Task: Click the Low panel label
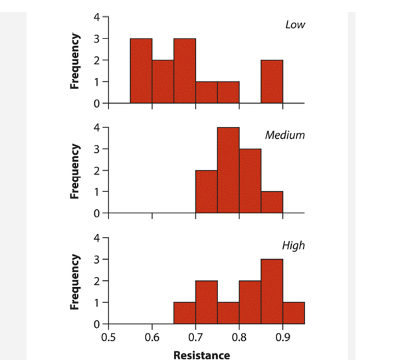[296, 25]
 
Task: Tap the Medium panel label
[285, 135]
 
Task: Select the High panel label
[293, 245]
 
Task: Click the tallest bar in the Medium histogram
[228, 170]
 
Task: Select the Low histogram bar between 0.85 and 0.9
[272, 82]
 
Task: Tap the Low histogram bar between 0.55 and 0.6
[141, 71]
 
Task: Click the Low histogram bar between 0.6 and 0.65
[163, 82]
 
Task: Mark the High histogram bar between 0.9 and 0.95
[294, 313]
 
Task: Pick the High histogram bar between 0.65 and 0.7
[185, 313]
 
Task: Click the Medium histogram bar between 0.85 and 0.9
[272, 203]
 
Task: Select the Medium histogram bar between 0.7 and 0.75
[206, 192]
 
